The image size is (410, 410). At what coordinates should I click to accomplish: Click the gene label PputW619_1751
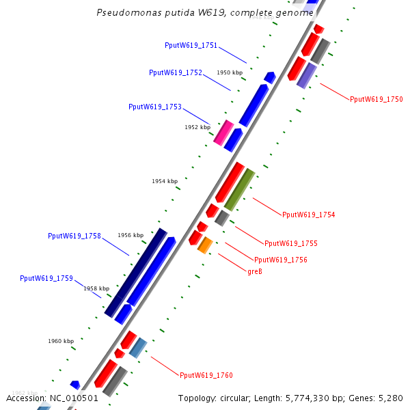191,46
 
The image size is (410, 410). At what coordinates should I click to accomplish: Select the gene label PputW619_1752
176,72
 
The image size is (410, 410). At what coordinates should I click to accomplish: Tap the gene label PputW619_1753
155,107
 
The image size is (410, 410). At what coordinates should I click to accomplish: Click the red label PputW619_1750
376,99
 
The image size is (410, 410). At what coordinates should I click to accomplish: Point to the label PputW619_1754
308,215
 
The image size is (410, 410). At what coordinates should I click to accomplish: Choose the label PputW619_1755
290,243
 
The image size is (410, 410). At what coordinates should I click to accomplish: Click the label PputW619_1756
280,260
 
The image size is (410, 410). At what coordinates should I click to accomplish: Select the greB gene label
255,272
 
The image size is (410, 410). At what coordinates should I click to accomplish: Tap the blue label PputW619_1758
74,236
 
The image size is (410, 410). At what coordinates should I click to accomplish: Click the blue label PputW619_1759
46,278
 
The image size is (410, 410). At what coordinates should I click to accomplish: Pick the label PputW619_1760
206,375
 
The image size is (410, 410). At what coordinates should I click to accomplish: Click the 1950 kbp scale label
230,72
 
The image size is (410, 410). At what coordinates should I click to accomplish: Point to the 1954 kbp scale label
164,181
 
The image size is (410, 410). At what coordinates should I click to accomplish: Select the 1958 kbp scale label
96,289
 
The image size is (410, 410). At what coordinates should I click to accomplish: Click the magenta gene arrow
223,132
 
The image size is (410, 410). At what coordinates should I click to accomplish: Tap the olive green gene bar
239,189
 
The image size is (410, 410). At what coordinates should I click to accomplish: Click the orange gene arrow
204,245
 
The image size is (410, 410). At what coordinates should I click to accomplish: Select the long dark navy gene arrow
136,273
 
